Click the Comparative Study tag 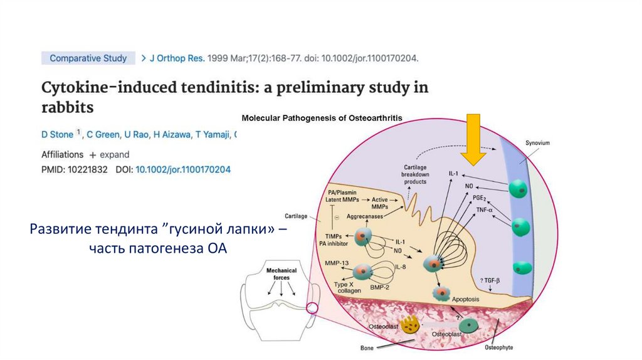[x=88, y=58]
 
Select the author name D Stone [x=57, y=134]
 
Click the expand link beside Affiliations [x=109, y=154]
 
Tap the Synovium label [x=537, y=143]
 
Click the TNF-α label [x=484, y=209]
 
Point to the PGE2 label [x=480, y=197]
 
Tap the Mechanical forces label [x=282, y=275]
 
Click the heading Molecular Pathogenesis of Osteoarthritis [x=322, y=118]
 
